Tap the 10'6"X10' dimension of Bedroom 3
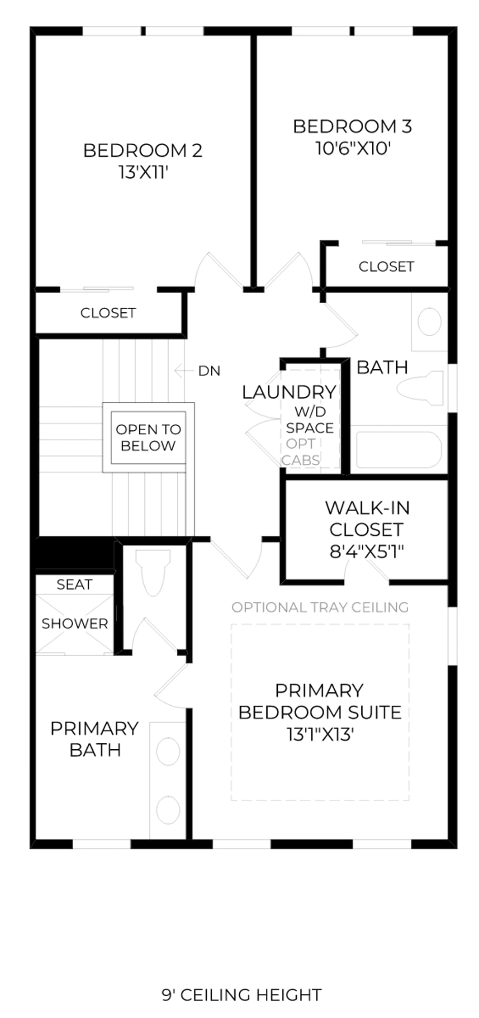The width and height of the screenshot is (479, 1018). [x=352, y=148]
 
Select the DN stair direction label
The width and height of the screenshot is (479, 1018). [x=209, y=371]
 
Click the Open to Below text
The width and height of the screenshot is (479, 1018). [x=148, y=438]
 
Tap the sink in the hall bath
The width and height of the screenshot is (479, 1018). [x=429, y=322]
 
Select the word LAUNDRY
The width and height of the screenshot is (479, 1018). [x=289, y=392]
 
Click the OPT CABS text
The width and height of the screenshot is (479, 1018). [x=301, y=452]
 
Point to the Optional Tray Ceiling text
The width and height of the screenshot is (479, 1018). [x=320, y=607]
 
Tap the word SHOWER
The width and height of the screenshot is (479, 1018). [x=75, y=624]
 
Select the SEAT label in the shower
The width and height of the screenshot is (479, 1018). [x=75, y=585]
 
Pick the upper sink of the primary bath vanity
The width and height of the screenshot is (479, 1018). [x=168, y=752]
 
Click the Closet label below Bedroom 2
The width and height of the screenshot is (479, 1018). [x=108, y=313]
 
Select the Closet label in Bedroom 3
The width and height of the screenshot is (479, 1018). [x=386, y=266]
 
